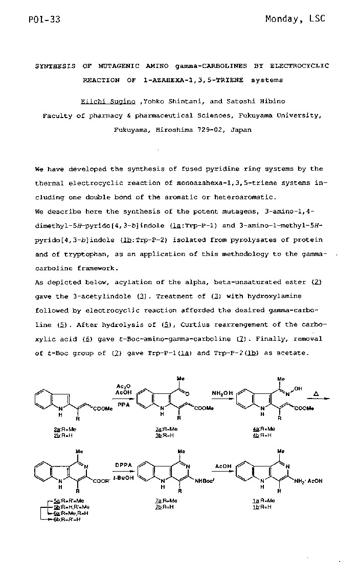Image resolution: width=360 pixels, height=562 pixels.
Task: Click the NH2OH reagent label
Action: point(222,393)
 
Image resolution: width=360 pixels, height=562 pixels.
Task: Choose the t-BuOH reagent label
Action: point(120,479)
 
